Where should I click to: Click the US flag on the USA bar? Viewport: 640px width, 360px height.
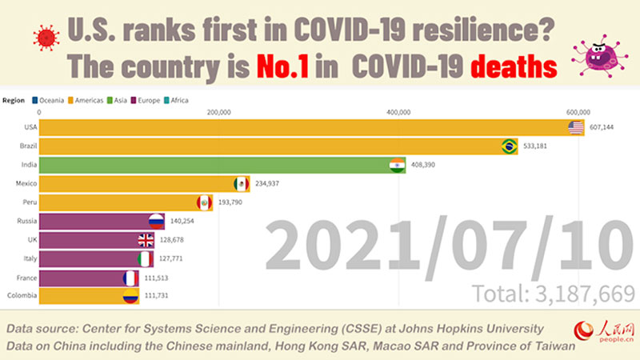(x=576, y=128)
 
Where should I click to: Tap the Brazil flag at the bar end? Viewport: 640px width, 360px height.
(x=509, y=146)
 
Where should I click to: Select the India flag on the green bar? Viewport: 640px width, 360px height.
(x=398, y=166)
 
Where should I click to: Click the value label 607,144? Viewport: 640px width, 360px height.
(x=606, y=128)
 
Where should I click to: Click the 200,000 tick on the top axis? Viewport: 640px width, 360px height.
(x=218, y=112)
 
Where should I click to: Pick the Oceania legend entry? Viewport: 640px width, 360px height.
(x=47, y=100)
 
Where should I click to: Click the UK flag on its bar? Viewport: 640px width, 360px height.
(x=146, y=240)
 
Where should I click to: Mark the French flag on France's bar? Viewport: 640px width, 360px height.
(x=130, y=278)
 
